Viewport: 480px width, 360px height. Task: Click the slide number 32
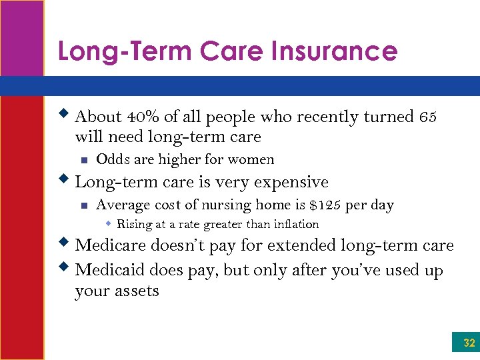[469, 343]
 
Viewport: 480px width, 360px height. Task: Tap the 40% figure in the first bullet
[145, 117]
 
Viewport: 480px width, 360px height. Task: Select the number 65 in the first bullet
[428, 117]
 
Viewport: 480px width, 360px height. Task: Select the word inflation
[292, 224]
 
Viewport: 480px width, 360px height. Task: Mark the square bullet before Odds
[83, 160]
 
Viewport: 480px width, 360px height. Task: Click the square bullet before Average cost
[83, 205]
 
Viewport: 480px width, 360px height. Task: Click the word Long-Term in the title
[115, 51]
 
